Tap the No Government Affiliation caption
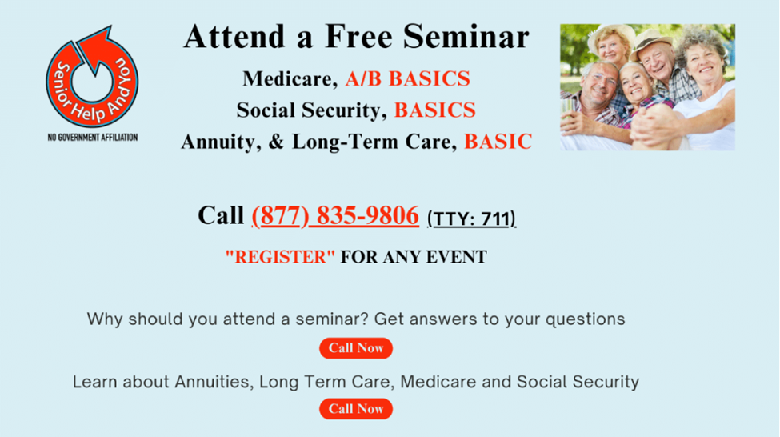pos(93,138)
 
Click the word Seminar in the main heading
pos(466,38)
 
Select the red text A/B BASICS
pos(407,78)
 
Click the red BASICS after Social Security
pos(434,110)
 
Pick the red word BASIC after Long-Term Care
pos(498,142)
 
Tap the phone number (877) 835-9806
pos(335,216)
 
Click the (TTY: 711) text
pos(471,219)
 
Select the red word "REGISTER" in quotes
pos(280,257)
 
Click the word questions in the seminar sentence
pos(585,319)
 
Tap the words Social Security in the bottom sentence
pos(578,382)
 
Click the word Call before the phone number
pos(221,216)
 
